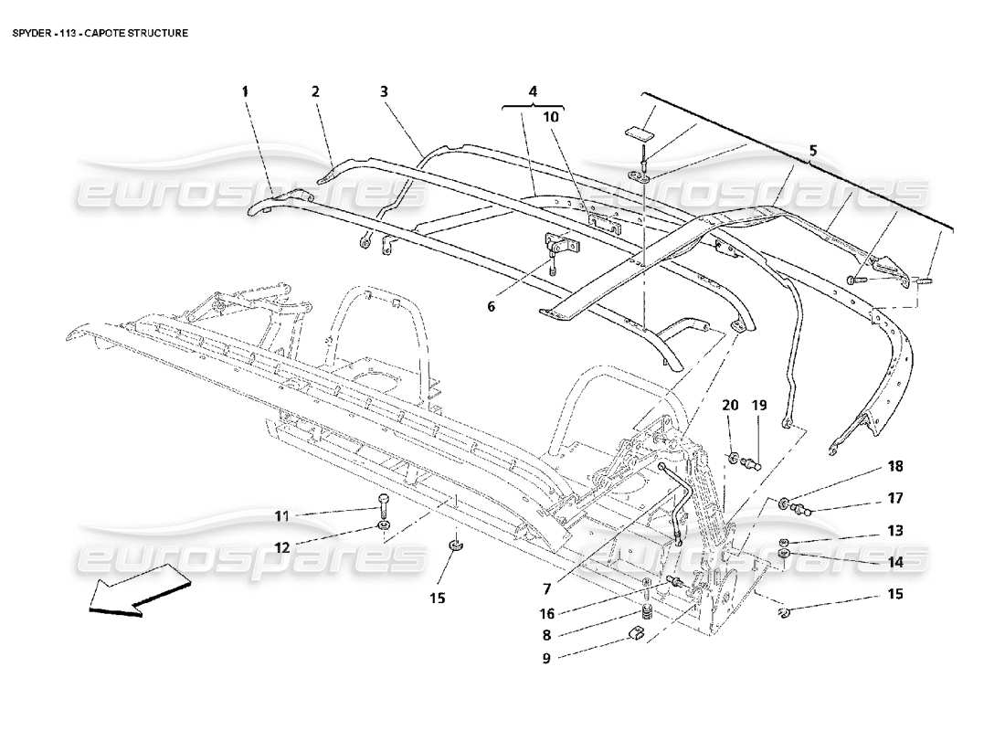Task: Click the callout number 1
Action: [245, 91]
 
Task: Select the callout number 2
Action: [314, 91]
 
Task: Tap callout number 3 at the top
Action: [384, 91]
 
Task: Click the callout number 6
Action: [491, 306]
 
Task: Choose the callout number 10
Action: [554, 117]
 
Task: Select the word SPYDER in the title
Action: [30, 32]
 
